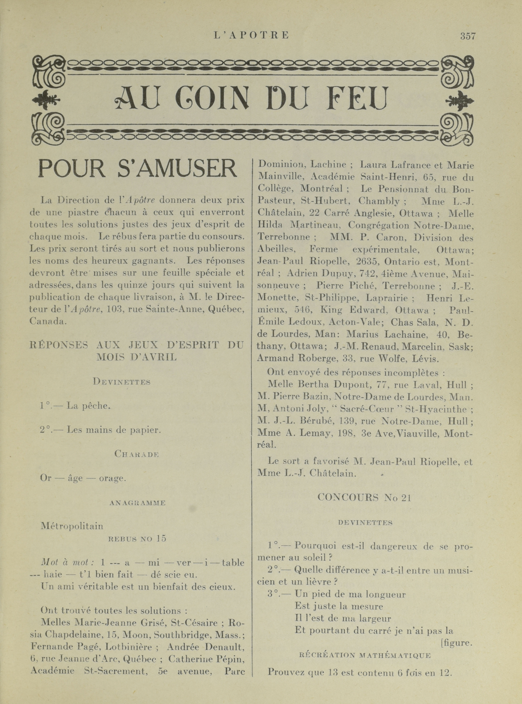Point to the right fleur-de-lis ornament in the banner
pyautogui.click(x=459, y=101)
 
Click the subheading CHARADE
pyautogui.click(x=137, y=454)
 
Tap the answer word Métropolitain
pyautogui.click(x=72, y=526)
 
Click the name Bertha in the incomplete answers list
pyautogui.click(x=323, y=385)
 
